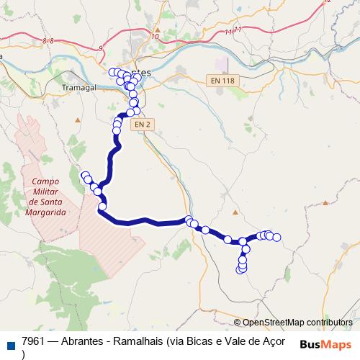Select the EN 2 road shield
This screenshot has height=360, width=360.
[x=143, y=124]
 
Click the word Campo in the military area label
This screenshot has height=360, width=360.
[x=45, y=183]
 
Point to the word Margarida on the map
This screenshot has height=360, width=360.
[x=45, y=213]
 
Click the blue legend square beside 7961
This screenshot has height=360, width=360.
[x=9, y=342]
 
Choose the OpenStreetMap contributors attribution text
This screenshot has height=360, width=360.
[x=297, y=322]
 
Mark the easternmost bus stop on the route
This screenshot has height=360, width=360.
[x=276, y=238]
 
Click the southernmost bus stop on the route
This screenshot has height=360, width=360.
[x=241, y=271]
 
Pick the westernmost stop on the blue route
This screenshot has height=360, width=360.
[x=84, y=175]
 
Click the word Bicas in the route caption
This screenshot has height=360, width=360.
[x=197, y=341]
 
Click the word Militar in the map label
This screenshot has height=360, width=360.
[x=45, y=193]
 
